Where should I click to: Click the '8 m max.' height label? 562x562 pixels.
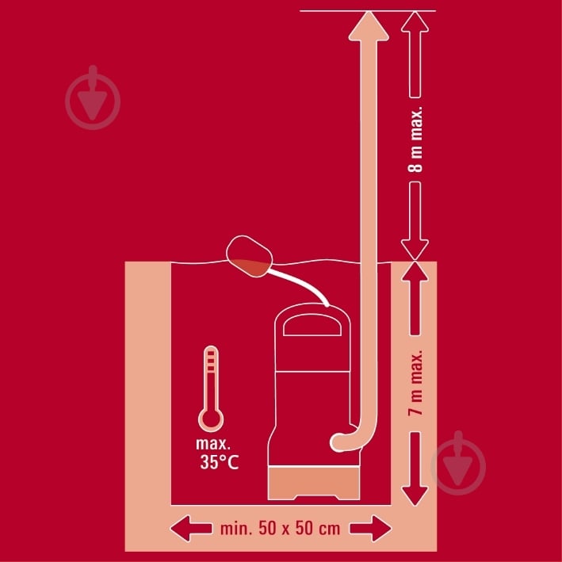click(416, 140)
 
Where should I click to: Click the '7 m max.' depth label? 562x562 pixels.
click(416, 383)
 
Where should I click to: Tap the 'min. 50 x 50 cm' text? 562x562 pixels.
click(281, 529)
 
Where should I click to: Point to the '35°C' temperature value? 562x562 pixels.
click(220, 462)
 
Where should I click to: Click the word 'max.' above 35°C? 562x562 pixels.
click(213, 444)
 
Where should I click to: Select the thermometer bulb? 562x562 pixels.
click(211, 419)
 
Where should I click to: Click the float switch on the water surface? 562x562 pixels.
click(249, 256)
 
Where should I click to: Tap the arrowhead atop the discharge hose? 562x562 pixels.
click(369, 26)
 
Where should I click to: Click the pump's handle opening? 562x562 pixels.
click(312, 326)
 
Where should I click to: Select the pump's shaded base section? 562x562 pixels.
click(314, 483)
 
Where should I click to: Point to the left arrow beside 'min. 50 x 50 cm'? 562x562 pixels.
click(191, 529)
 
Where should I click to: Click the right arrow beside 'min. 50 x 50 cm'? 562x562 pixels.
click(371, 529)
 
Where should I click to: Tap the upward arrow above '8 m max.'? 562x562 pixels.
click(415, 55)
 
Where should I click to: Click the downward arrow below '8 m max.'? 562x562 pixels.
click(415, 220)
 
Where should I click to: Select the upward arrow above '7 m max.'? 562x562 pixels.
click(415, 299)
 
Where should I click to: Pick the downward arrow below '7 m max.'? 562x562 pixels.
click(415, 468)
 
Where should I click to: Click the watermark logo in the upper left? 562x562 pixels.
click(93, 97)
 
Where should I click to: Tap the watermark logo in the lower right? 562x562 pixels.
click(458, 463)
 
